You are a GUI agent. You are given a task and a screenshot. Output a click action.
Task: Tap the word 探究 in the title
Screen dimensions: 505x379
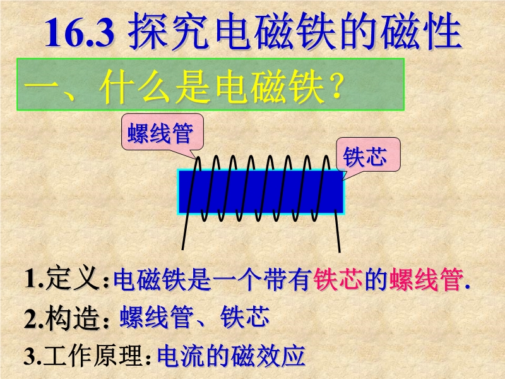tap(170, 31)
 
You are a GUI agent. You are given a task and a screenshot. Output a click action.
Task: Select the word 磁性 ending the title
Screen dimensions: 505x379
tap(421, 31)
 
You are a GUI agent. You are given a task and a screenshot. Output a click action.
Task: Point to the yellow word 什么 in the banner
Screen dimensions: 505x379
tap(134, 87)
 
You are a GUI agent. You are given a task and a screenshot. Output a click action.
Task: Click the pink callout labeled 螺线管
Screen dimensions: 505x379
tap(162, 132)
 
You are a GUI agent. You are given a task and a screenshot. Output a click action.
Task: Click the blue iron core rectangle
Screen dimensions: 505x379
tap(261, 192)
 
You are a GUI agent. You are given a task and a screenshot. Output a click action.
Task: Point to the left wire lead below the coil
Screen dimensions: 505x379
tap(184, 231)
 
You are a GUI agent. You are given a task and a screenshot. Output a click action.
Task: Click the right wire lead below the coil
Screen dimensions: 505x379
tap(337, 231)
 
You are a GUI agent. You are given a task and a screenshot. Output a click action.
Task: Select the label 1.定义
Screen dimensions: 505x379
tap(62, 279)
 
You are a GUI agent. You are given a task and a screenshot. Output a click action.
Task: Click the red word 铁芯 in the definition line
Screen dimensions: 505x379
tap(338, 279)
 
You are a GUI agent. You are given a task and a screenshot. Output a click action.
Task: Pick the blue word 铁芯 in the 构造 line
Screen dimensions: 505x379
tap(245, 317)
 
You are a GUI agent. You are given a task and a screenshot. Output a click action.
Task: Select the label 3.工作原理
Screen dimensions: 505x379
tap(83, 356)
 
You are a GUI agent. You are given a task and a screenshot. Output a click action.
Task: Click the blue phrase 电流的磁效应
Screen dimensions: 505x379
tap(231, 356)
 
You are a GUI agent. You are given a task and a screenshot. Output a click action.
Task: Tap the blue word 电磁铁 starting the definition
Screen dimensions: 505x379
tap(150, 279)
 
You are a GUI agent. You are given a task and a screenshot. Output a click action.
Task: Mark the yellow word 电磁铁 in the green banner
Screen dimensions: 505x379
tap(270, 87)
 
